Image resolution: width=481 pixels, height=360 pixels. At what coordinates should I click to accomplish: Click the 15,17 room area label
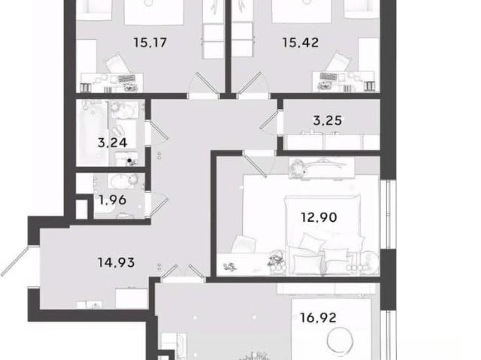150,43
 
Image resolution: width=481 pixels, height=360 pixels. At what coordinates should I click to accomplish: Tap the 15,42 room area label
301,43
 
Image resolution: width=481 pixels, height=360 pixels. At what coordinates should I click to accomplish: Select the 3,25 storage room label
328,120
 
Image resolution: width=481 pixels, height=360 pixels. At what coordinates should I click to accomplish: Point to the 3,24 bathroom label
112,143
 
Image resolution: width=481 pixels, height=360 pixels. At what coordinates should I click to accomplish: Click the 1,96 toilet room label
112,200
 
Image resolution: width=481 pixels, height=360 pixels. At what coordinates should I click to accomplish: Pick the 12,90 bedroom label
319,217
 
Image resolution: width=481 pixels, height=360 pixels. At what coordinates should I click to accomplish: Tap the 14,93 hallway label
116,262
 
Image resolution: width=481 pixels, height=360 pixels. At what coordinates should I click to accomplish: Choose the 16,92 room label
318,318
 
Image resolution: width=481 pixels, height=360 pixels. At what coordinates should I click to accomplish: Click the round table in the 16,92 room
340,340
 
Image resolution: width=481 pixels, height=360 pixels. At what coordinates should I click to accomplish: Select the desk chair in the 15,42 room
337,62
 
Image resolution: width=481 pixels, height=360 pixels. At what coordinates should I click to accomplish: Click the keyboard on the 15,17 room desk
127,78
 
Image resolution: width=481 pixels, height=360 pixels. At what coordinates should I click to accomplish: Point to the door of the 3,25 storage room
269,120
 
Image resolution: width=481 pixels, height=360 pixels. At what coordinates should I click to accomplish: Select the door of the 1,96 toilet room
159,208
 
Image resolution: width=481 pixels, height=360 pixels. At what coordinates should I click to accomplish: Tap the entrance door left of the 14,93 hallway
14,262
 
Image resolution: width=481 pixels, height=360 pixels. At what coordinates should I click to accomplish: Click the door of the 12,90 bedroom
256,165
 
